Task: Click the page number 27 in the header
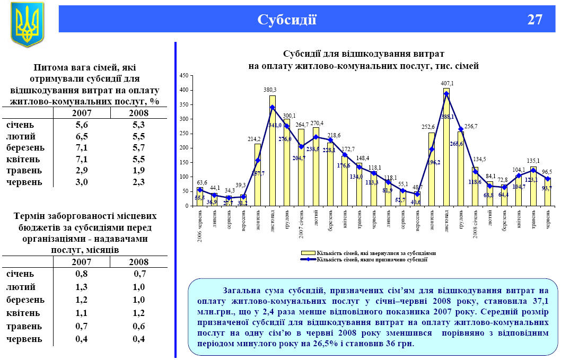(535, 20)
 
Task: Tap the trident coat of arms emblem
(27, 24)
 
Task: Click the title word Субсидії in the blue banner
(287, 20)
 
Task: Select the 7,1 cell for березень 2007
(81, 147)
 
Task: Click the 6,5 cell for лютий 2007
(81, 136)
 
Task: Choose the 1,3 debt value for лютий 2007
(81, 287)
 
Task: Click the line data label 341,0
(274, 125)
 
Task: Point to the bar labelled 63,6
(200, 197)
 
